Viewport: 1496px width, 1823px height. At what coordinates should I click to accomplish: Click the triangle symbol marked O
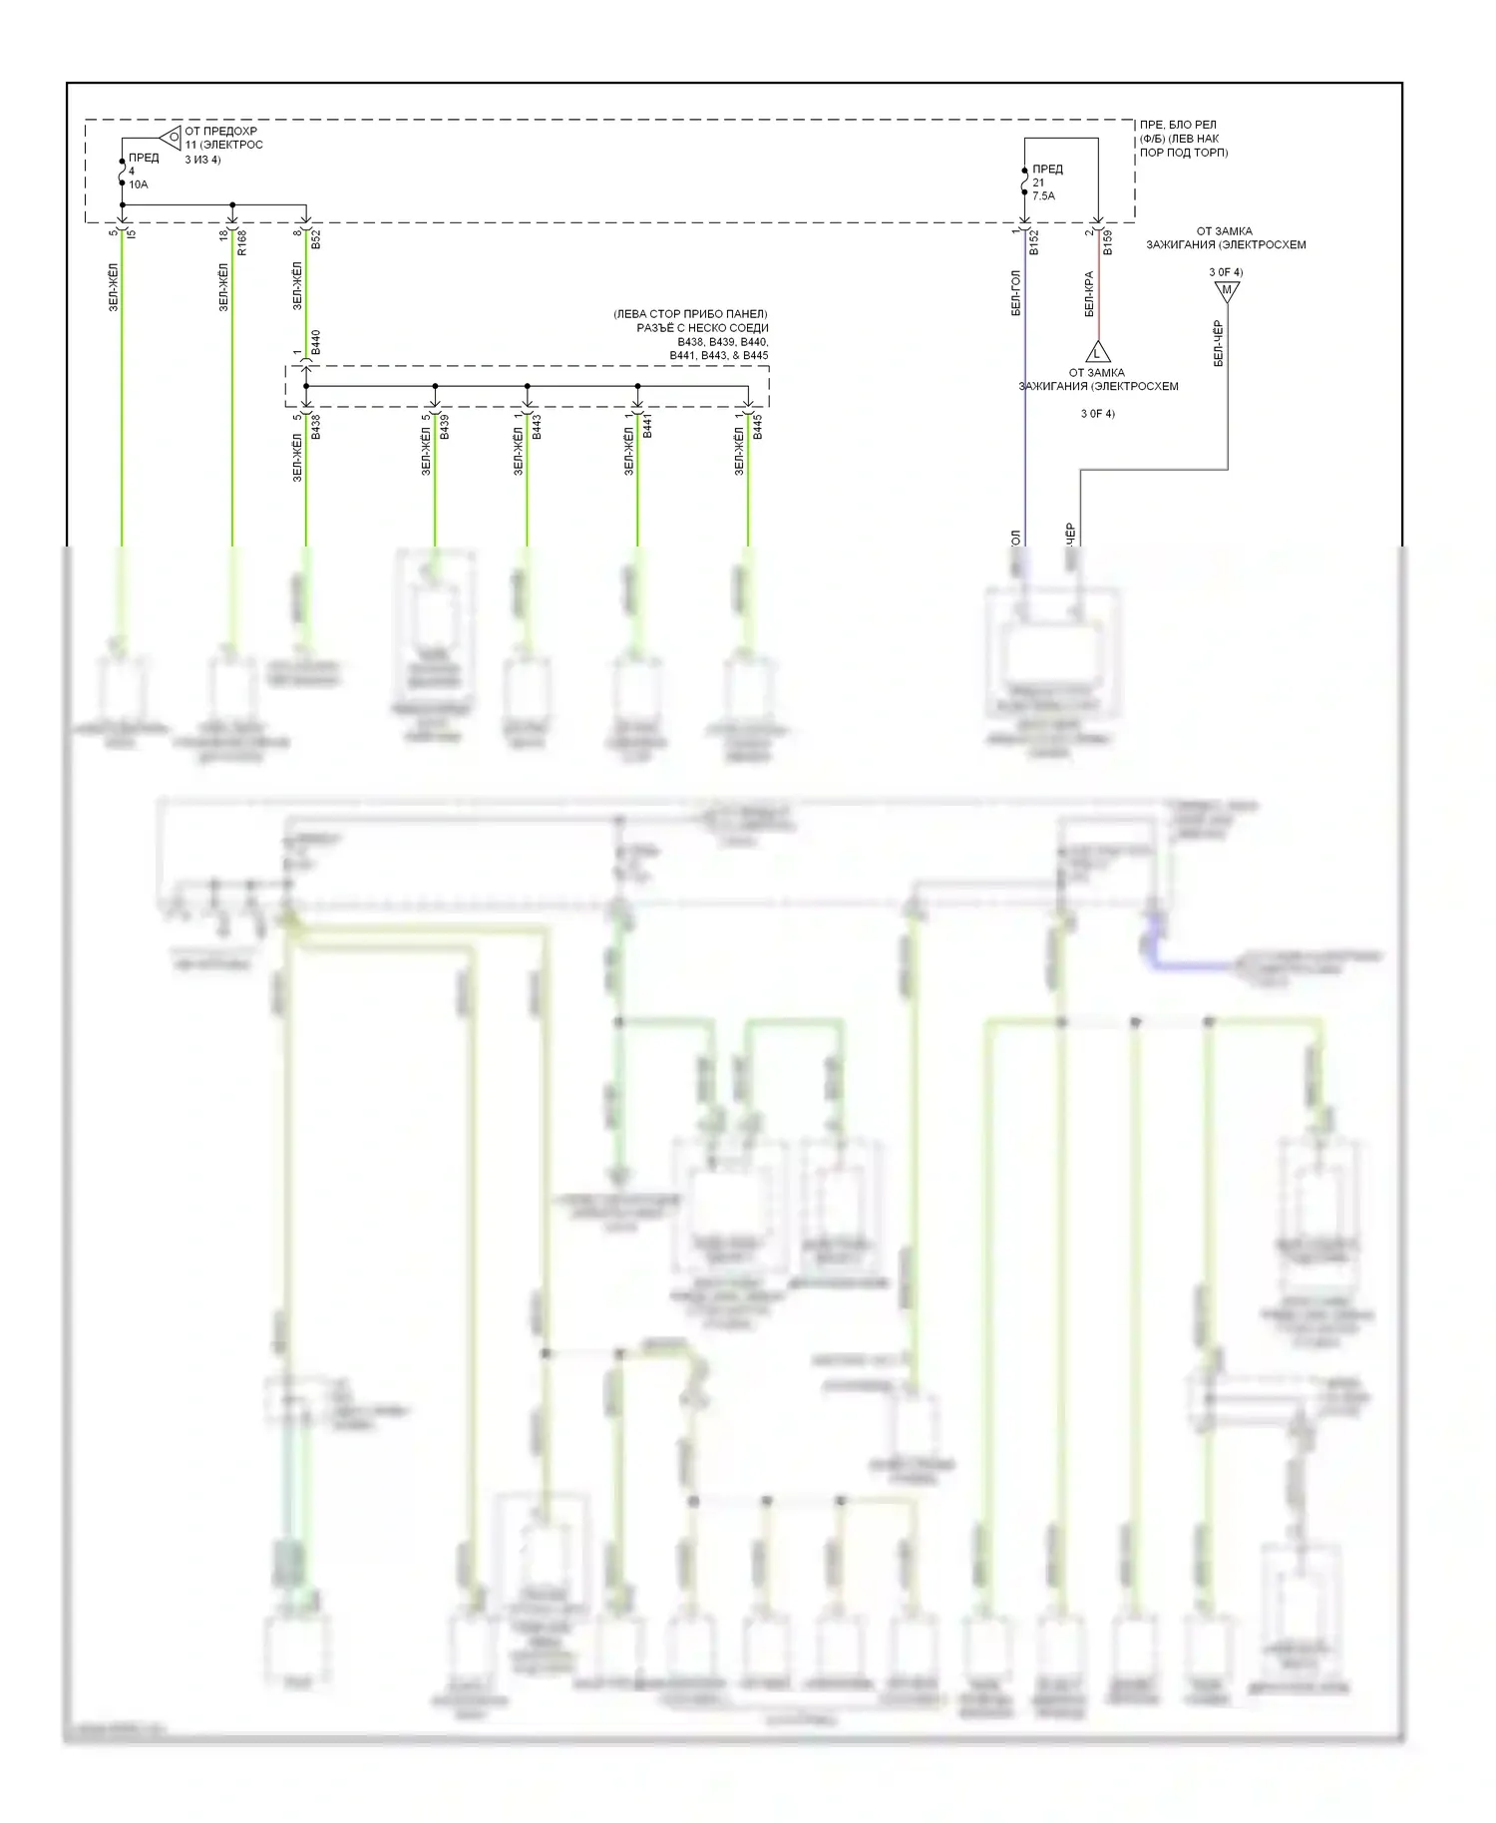(x=172, y=137)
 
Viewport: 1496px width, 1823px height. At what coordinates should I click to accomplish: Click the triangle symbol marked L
(x=1097, y=352)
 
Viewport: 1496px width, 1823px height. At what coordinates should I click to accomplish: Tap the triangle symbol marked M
(x=1227, y=291)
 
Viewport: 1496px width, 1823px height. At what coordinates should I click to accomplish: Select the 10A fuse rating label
(x=138, y=184)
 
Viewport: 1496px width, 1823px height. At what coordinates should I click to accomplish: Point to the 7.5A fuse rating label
(x=1043, y=196)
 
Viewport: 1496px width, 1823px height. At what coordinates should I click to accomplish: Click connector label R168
(x=241, y=243)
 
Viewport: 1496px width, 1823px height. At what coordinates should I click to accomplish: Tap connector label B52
(x=315, y=239)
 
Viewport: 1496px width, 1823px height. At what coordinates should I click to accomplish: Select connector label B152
(x=1033, y=243)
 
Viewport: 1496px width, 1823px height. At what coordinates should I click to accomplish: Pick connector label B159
(x=1107, y=243)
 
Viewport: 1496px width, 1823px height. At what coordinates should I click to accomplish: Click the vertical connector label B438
(x=315, y=427)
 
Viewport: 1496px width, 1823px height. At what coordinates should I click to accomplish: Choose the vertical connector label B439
(x=444, y=427)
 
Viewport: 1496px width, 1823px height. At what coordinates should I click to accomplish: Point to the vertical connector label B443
(x=537, y=427)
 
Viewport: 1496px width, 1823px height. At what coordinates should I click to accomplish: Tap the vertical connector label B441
(x=647, y=427)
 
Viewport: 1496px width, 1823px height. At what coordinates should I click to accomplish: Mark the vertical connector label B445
(x=757, y=427)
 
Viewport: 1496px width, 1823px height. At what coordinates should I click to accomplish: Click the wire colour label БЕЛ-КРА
(x=1089, y=294)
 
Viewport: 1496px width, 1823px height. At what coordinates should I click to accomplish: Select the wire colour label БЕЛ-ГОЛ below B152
(x=1015, y=293)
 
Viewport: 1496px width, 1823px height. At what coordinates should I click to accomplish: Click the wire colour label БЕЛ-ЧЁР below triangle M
(x=1218, y=343)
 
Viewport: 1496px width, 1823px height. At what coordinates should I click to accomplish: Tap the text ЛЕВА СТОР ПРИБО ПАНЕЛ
(x=690, y=314)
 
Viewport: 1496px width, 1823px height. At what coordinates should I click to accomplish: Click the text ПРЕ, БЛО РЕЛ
(x=1178, y=125)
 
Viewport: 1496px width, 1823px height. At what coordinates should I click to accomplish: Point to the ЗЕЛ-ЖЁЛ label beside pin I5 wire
(x=113, y=287)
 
